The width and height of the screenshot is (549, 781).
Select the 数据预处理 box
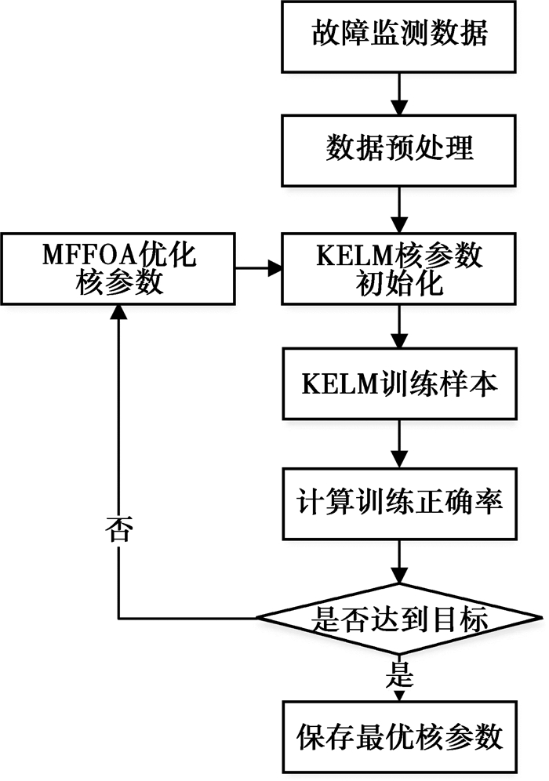click(x=400, y=147)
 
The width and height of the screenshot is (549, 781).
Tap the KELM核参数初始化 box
click(x=400, y=269)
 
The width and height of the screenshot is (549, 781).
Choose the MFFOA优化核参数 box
click(x=119, y=269)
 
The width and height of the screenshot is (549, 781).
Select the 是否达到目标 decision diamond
click(x=400, y=620)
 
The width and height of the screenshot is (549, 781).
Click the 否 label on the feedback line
click(x=118, y=534)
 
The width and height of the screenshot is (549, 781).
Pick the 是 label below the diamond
click(x=400, y=672)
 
